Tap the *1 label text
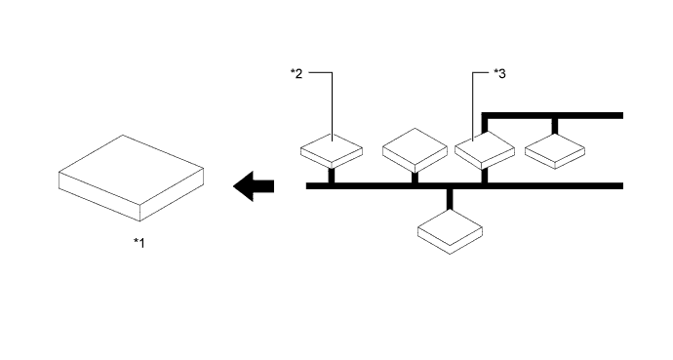pos(139,243)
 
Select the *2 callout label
pos(297,73)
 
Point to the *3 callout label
pos(498,73)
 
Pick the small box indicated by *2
pos(332,151)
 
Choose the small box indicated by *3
pos(485,149)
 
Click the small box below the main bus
pos(450,232)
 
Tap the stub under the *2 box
pos(332,176)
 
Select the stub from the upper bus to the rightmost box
pos(555,125)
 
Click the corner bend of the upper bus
pos(486,116)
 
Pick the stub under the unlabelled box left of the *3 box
pos(415,177)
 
